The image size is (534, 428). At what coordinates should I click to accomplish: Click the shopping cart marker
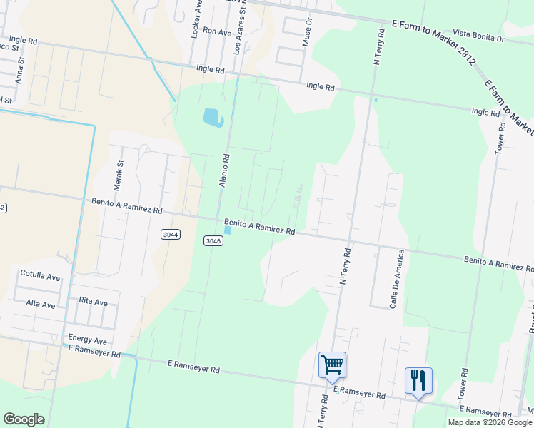point(333,366)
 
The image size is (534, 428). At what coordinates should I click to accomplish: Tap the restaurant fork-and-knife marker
point(418,381)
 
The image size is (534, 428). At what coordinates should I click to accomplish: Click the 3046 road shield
point(213,241)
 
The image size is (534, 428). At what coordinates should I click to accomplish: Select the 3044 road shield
point(171,234)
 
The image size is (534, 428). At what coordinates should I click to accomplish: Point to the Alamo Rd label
point(223,171)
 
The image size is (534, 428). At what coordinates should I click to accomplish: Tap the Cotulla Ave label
point(41,275)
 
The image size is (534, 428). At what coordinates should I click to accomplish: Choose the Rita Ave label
point(94,302)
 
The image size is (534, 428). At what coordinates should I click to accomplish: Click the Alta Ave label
point(41,305)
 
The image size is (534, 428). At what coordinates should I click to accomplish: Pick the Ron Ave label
point(218,31)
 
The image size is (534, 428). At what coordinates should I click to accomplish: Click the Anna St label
point(21,76)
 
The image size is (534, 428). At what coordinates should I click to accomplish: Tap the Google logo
point(24,419)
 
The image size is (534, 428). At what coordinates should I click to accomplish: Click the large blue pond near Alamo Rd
point(213,118)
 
